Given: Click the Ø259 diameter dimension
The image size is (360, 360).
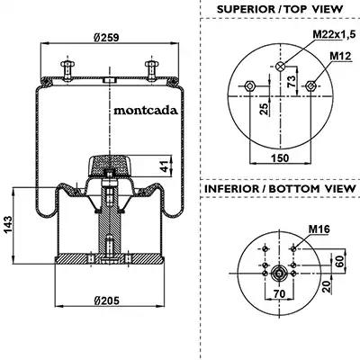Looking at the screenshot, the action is (x=106, y=37).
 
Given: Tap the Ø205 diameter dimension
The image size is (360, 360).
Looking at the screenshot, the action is (x=106, y=300).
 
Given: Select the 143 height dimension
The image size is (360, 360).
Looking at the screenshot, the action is (x=8, y=225).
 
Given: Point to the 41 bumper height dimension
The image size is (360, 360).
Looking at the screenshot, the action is (x=165, y=166).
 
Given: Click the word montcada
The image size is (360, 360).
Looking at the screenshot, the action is (x=146, y=111).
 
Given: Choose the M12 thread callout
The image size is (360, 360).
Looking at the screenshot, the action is (x=340, y=56).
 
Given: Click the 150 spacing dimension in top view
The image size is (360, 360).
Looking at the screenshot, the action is (x=280, y=158).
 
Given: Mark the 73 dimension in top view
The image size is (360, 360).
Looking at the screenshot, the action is (x=292, y=81).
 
